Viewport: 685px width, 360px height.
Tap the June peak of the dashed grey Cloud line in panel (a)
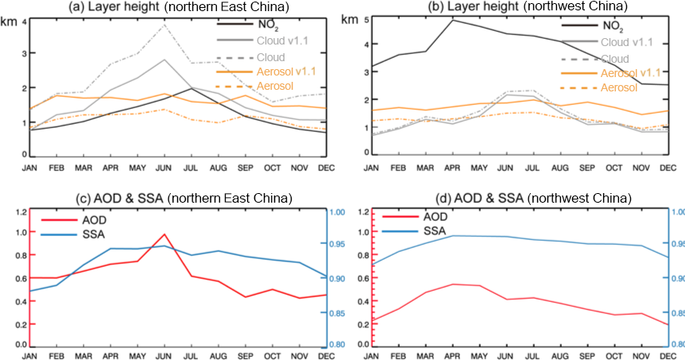164,25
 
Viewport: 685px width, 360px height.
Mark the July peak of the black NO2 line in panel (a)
190,88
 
